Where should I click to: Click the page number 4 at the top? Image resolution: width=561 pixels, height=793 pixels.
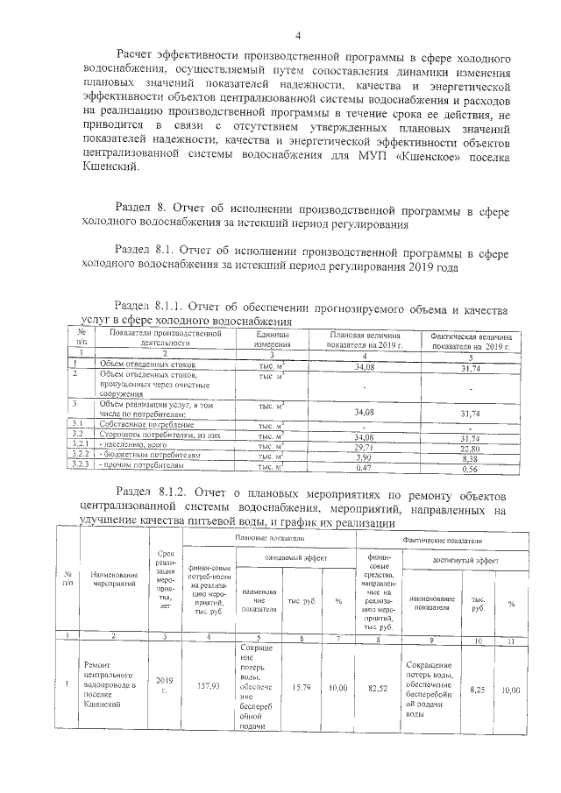[x=298, y=36]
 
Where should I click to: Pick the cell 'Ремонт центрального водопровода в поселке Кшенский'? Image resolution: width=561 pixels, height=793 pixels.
[x=113, y=683]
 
